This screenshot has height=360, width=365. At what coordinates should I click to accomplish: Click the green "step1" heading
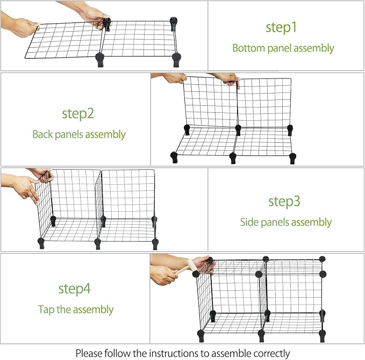[281, 27]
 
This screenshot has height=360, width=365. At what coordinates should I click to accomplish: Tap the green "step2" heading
[78, 113]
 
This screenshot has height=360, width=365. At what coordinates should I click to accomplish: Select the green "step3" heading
[284, 201]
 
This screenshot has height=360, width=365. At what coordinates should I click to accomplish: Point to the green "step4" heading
[74, 289]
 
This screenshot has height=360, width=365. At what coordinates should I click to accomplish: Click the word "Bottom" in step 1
[248, 48]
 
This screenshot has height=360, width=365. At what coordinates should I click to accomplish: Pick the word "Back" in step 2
[42, 134]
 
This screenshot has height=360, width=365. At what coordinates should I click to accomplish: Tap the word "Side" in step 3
[248, 222]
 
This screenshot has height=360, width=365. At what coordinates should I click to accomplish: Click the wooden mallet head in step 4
[191, 265]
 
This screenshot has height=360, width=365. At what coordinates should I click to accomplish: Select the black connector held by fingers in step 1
[107, 25]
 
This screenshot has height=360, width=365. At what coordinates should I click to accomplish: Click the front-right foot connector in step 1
[176, 60]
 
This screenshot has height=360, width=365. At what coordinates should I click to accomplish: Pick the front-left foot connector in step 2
[174, 157]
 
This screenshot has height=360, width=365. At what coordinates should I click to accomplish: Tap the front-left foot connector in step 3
[41, 243]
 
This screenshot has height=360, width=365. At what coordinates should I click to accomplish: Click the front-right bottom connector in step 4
[322, 336]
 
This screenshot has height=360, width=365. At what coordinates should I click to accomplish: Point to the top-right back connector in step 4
[323, 258]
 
